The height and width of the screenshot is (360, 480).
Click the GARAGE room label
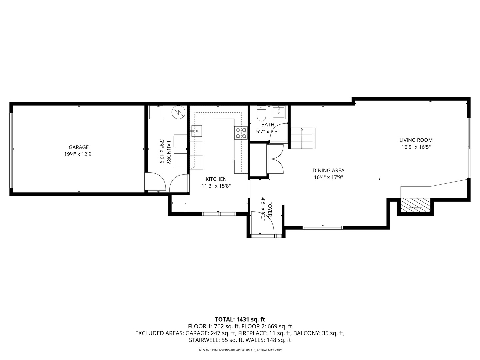click(79, 147)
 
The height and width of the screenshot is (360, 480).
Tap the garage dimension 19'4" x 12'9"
click(79, 154)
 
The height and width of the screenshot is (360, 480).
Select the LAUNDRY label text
click(168, 153)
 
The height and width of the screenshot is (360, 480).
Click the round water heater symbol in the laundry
click(178, 112)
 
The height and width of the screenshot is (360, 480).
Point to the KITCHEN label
click(216, 179)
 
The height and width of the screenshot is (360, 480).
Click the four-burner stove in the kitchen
click(241, 133)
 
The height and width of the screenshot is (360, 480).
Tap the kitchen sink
click(197, 131)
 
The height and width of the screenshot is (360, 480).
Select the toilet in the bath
click(261, 113)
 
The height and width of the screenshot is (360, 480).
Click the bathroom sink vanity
click(278, 112)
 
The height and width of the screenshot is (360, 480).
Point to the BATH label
click(268, 125)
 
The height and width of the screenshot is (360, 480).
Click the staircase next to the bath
click(303, 138)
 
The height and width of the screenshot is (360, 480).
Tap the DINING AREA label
click(328, 170)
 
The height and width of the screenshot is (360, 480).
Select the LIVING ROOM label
click(416, 140)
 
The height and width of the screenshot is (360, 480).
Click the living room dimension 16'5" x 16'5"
click(416, 147)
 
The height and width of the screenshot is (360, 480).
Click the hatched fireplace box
click(415, 205)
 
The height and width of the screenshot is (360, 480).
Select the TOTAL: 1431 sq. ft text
click(240, 319)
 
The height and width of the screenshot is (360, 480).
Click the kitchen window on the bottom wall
click(219, 214)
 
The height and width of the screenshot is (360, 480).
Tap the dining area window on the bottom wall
click(323, 228)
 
